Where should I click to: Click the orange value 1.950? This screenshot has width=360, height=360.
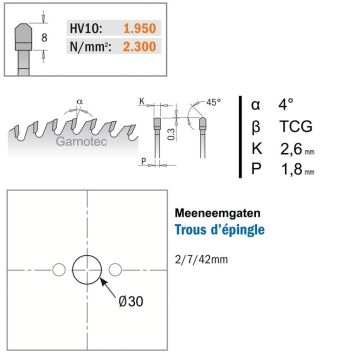click(140, 28)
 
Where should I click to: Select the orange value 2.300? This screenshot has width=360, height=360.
click(140, 46)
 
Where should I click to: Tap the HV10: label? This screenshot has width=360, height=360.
click(86, 28)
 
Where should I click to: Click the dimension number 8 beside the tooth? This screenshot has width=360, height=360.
click(44, 38)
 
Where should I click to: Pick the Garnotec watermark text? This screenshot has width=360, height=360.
click(82, 141)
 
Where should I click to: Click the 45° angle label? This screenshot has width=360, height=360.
click(213, 102)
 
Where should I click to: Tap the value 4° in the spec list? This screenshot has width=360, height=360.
click(286, 105)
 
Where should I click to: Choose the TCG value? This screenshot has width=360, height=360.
click(296, 127)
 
